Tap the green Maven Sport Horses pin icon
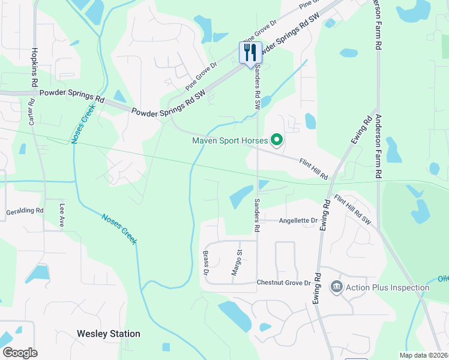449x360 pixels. pos(277,141)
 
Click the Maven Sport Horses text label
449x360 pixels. pos(229,141)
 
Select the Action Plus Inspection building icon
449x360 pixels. pos(336,287)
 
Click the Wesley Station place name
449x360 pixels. pos(109,334)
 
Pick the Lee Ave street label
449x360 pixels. pos(61,215)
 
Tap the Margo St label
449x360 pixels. pos(238,263)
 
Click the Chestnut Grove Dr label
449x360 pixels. pos(283,283)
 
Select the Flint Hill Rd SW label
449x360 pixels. pos(353,210)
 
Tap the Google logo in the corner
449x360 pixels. pos(20,352)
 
